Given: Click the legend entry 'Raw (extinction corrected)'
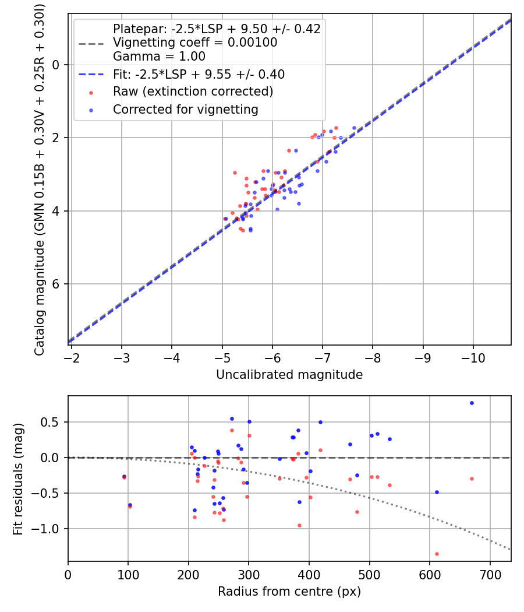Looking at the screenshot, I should pyautogui.click(x=193, y=92).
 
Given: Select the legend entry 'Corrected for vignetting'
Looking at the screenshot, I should pyautogui.click(x=185, y=109).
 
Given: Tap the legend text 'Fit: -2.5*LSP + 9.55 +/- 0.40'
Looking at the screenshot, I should pyautogui.click(x=199, y=74).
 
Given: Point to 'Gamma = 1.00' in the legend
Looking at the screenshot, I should pyautogui.click(x=159, y=57).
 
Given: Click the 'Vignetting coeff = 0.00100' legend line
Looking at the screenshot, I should pyautogui.click(x=195, y=43).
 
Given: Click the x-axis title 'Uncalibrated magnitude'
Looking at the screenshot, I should pyautogui.click(x=289, y=375).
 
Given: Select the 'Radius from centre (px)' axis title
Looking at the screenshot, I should pyautogui.click(x=289, y=592).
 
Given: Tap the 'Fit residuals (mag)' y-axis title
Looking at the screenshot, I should pyautogui.click(x=18, y=479).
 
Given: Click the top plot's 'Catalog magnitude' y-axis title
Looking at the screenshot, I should pyautogui.click(x=39, y=178).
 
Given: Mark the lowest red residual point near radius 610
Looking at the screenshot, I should pyautogui.click(x=437, y=554).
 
